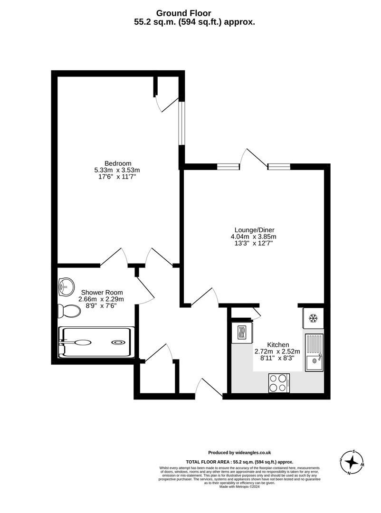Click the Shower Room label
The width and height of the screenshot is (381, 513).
[x=101, y=293]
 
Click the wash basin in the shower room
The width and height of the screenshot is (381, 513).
[x=66, y=286]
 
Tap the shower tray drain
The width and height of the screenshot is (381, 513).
[x=117, y=342]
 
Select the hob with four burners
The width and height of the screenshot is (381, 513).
[x=279, y=383]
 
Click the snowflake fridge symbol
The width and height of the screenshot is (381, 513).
[x=313, y=317]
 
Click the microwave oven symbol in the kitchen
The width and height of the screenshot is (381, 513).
[x=242, y=332]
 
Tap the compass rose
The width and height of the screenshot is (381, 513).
[x=352, y=461]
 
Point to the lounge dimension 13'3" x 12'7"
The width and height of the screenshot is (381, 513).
[x=253, y=243]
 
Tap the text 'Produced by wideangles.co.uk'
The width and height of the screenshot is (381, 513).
[x=239, y=453]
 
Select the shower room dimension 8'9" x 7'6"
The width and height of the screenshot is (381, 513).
[x=101, y=306]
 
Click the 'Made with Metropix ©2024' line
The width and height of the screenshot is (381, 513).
[x=239, y=487]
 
